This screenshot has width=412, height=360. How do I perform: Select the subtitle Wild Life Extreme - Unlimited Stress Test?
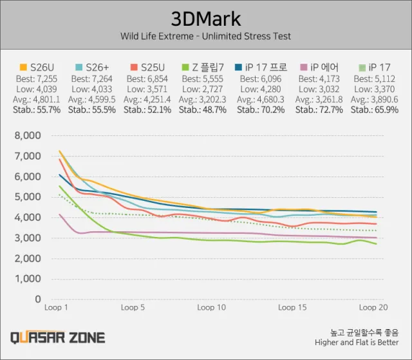[x=205, y=36]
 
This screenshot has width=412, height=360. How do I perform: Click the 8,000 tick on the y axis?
[x=26, y=135]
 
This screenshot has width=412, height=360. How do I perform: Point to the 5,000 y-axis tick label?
[x=26, y=197]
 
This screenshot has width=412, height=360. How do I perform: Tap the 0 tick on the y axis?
[x=37, y=300]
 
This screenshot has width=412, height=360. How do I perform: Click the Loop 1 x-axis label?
[x=57, y=308]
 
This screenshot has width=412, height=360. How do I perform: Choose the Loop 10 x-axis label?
[x=211, y=308]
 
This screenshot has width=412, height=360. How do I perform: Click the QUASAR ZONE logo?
[x=57, y=337]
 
